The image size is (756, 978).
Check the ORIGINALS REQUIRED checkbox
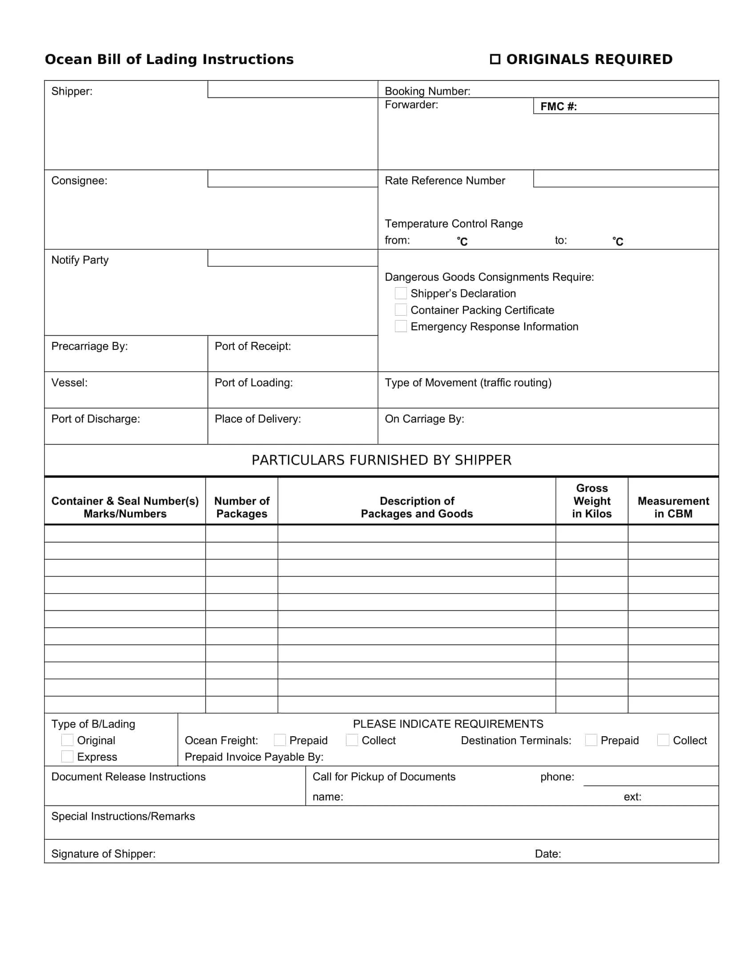pyautogui.click(x=495, y=59)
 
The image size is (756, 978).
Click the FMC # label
pyautogui.click(x=558, y=107)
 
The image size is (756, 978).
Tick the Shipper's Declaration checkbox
pyautogui.click(x=400, y=293)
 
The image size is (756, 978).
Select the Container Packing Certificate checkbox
pyautogui.click(x=400, y=310)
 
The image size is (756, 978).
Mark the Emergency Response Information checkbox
pyautogui.click(x=400, y=326)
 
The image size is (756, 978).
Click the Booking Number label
pyautogui.click(x=427, y=91)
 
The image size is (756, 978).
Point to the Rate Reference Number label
pyautogui.click(x=444, y=180)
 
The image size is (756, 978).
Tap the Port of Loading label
pyautogui.click(x=253, y=382)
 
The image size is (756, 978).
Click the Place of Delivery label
pyautogui.click(x=257, y=419)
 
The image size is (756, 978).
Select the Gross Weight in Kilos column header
pyautogui.click(x=591, y=501)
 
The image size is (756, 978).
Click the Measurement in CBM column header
pyautogui.click(x=673, y=507)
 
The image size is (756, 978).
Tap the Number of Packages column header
pyautogui.click(x=241, y=507)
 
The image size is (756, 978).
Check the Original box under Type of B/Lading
pyautogui.click(x=67, y=740)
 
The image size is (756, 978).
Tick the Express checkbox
pyautogui.click(x=67, y=757)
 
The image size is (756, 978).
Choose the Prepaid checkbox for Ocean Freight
pyautogui.click(x=279, y=740)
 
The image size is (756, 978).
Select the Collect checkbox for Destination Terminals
pyautogui.click(x=663, y=740)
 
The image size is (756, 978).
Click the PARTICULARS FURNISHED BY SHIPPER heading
pyautogui.click(x=381, y=460)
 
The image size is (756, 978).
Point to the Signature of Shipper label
pyautogui.click(x=104, y=854)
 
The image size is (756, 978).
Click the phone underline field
pyautogui.click(x=650, y=779)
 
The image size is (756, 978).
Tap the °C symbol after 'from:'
pyautogui.click(x=462, y=241)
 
